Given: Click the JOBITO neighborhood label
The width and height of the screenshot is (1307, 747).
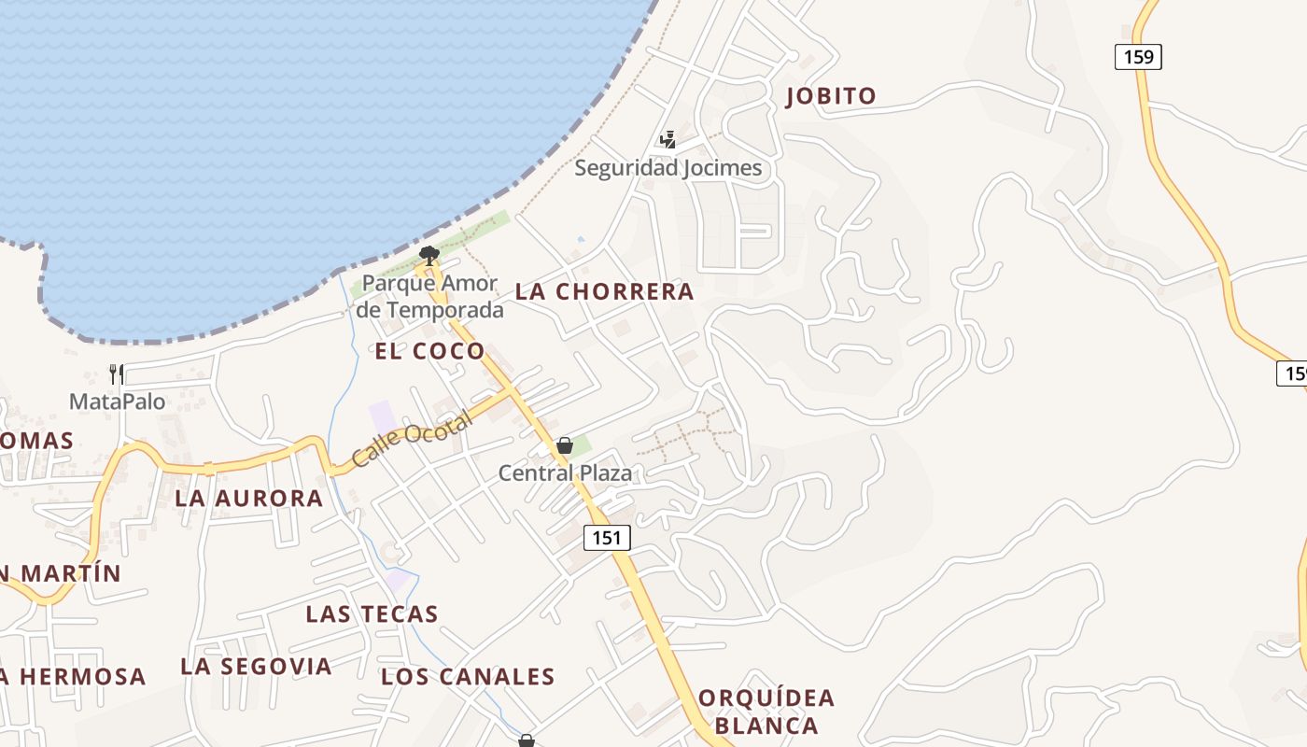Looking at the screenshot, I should (x=831, y=95).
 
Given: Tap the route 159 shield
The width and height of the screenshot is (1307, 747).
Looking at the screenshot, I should (x=1138, y=57).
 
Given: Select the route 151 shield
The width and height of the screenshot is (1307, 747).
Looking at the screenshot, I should (x=608, y=537).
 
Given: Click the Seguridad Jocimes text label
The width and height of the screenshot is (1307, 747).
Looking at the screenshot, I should (x=668, y=168).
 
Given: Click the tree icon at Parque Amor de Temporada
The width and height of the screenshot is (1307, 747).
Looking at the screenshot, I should (x=429, y=254).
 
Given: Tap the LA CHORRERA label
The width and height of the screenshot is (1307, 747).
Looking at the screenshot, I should (x=605, y=291).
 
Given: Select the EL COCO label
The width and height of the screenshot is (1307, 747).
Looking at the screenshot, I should (x=429, y=351).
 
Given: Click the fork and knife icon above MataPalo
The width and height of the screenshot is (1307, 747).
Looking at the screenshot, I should (x=117, y=374).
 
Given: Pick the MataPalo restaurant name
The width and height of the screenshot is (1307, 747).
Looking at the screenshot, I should (x=117, y=402).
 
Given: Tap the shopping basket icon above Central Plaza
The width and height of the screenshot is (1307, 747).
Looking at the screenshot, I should (x=564, y=445).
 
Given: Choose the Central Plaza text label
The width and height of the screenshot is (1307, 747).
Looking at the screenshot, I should (x=565, y=473).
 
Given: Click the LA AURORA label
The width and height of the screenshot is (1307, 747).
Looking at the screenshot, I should (x=249, y=498).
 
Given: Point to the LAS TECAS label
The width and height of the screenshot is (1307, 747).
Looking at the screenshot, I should (x=372, y=613).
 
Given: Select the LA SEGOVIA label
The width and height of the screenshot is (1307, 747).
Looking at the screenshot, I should (x=256, y=666).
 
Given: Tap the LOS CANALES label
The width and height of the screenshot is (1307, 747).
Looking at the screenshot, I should (x=468, y=676).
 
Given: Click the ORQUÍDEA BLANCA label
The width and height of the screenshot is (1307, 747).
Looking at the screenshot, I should (x=766, y=712).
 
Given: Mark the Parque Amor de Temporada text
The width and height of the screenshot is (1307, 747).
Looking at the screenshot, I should (x=429, y=297).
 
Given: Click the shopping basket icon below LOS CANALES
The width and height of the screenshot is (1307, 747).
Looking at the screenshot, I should (x=527, y=740).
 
